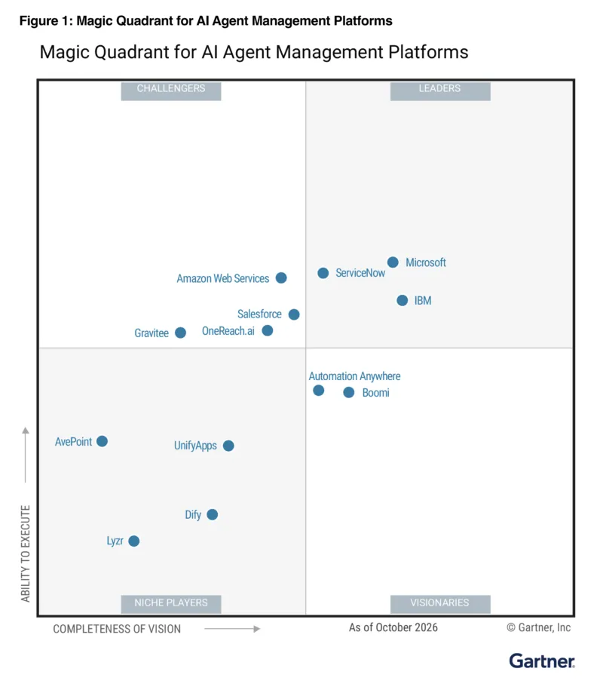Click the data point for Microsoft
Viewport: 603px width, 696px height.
tap(393, 262)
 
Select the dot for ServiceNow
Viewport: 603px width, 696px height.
tap(323, 273)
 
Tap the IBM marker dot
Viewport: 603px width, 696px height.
tap(402, 301)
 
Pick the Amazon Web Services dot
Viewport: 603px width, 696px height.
tap(281, 277)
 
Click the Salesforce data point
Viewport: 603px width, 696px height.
tap(294, 314)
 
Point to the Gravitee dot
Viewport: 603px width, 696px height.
tap(180, 333)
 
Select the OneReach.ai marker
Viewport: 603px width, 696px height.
tap(267, 331)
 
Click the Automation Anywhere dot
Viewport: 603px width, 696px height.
tap(318, 391)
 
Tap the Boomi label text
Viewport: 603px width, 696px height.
tap(376, 393)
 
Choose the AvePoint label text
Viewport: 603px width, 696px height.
tap(73, 442)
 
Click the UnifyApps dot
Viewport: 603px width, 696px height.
tap(228, 446)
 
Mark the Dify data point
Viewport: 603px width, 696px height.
tap(212, 514)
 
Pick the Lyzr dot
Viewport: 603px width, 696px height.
tap(133, 541)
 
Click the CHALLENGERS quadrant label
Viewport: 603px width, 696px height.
tap(171, 89)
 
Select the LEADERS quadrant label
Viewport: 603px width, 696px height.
tap(439, 89)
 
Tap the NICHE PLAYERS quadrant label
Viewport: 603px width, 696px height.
tap(171, 602)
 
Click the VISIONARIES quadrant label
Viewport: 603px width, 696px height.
tap(439, 602)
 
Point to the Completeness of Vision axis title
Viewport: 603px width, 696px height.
tap(117, 629)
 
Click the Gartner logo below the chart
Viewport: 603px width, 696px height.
tap(542, 661)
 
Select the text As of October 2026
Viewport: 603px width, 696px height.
tap(393, 627)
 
